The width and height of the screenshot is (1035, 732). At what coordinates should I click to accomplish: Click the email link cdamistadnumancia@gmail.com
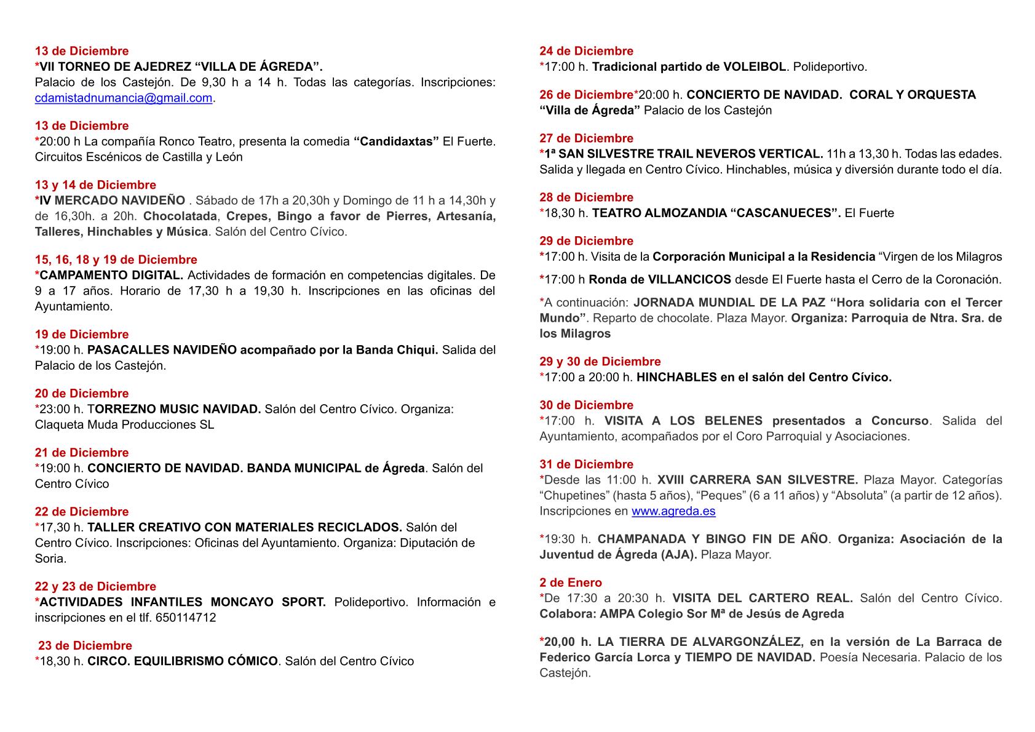124,98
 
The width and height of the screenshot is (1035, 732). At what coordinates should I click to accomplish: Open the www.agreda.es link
673,511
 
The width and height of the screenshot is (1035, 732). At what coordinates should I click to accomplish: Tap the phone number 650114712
186,618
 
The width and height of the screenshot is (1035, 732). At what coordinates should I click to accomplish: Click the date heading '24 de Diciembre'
586,51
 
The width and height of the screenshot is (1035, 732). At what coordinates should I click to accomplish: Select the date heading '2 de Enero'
571,583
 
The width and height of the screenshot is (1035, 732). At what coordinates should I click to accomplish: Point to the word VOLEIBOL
755,67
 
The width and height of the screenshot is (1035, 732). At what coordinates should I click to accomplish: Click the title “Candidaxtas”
397,141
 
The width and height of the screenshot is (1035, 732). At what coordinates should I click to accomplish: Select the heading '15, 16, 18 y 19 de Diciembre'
116,260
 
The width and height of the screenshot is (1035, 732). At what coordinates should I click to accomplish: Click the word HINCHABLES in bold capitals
676,378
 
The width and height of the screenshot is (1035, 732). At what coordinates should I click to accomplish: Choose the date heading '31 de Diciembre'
586,464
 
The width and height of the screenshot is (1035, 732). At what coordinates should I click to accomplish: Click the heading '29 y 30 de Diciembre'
600,362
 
